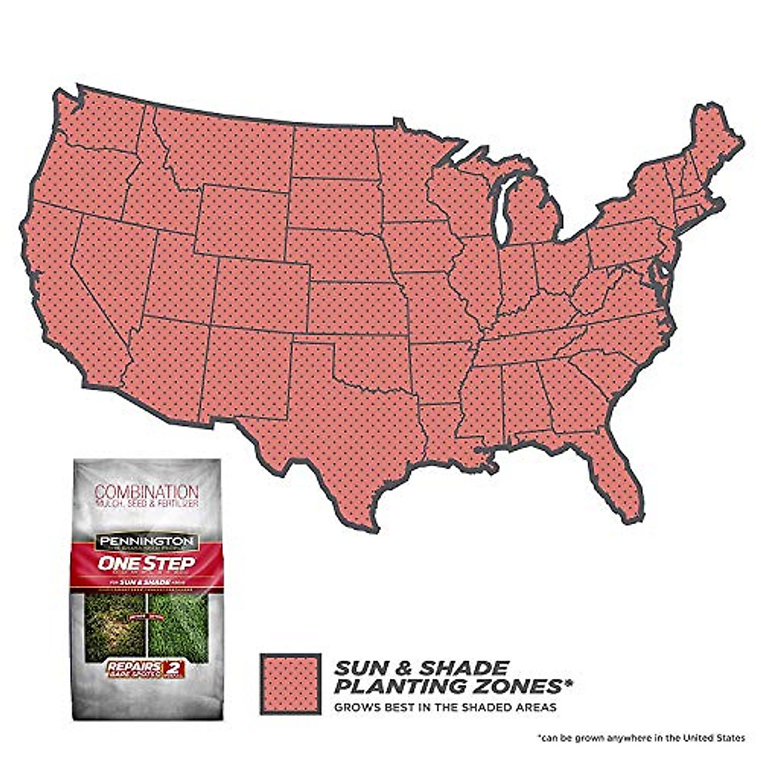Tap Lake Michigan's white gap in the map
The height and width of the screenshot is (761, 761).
[503, 209]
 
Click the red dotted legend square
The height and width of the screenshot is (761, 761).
[290, 684]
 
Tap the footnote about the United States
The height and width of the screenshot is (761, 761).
[641, 738]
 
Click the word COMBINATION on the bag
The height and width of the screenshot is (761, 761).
[146, 491]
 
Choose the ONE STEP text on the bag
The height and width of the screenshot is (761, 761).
[146, 563]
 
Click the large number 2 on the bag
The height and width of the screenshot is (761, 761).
[172, 670]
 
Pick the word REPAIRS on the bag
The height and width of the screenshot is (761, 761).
[126, 667]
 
